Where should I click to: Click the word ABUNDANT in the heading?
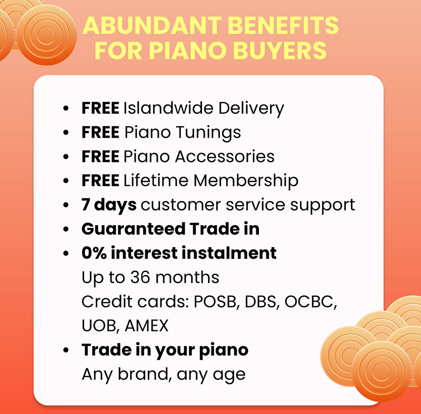pyautogui.click(x=152, y=25)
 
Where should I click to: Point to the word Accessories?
pyautogui.click(x=225, y=156)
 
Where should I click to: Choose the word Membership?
pyautogui.click(x=246, y=181)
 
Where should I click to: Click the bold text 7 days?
pyautogui.click(x=109, y=206)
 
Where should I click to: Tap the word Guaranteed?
pyautogui.click(x=134, y=229)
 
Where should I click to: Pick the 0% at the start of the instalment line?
pyautogui.click(x=94, y=253)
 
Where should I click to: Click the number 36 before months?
pyautogui.click(x=140, y=277)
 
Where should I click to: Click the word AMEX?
pyautogui.click(x=147, y=326)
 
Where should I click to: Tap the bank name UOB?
pyautogui.click(x=101, y=326)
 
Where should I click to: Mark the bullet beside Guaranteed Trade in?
pyautogui.click(x=66, y=229)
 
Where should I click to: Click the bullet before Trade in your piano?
pyautogui.click(x=66, y=350)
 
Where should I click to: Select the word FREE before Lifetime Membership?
pyautogui.click(x=101, y=180)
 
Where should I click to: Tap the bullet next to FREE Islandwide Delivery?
pyautogui.click(x=66, y=108)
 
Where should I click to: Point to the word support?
pyautogui.click(x=323, y=206)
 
